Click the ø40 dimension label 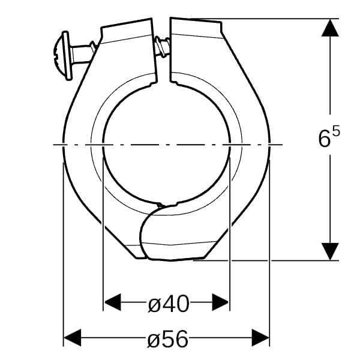169,304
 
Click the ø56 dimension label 167,338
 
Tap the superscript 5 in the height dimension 336,133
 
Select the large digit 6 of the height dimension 325,139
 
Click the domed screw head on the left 62,56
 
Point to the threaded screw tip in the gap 162,46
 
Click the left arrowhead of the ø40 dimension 112,302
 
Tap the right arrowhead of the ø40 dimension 220,302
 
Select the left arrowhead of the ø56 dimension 72,337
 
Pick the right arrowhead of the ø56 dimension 260,337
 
